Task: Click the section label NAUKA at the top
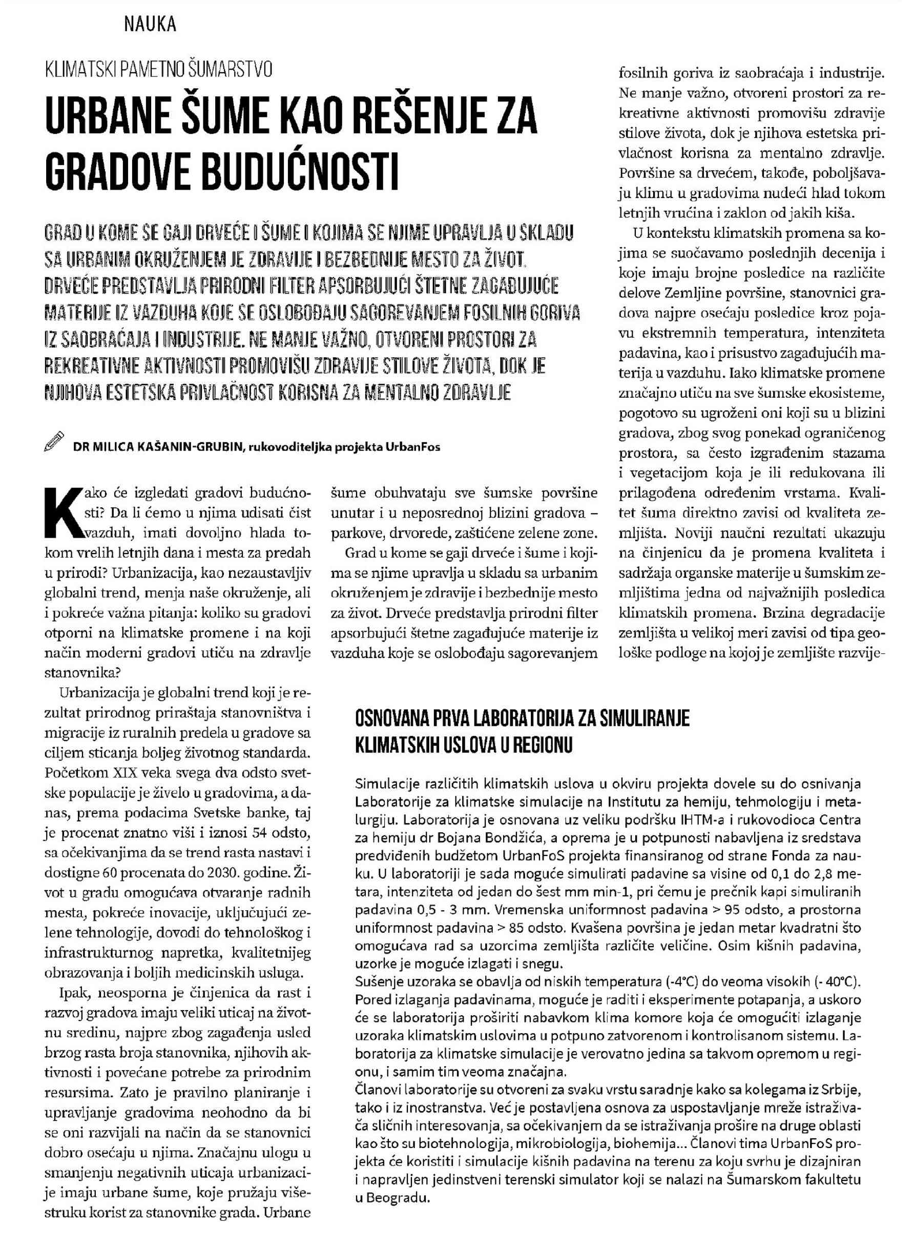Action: click(x=150, y=25)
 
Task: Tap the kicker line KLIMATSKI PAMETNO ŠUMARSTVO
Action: click(x=158, y=70)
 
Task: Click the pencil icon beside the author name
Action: click(x=54, y=441)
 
